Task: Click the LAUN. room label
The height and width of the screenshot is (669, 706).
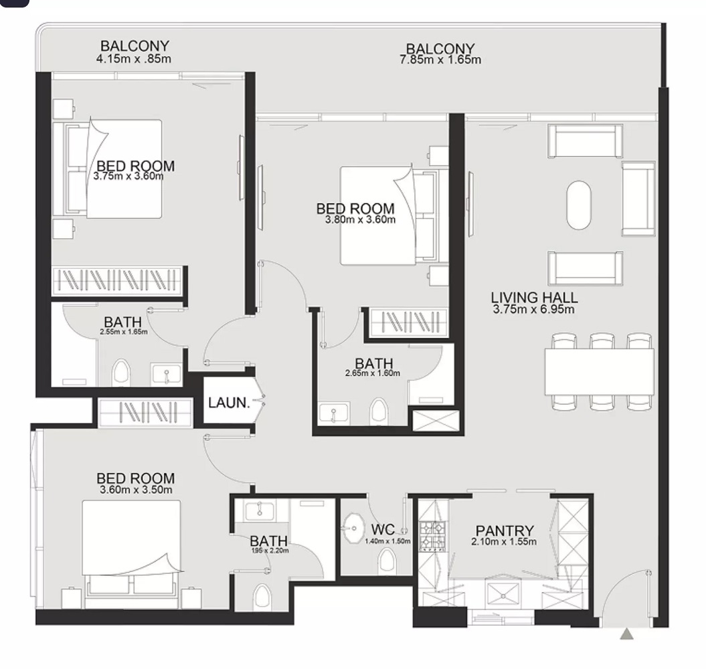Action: [229, 403]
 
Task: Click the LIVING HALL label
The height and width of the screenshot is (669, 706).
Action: [534, 298]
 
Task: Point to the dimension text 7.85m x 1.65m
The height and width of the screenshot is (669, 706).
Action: [440, 60]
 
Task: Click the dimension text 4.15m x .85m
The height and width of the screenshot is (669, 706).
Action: [134, 58]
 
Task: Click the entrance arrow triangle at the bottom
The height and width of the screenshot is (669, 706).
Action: [626, 634]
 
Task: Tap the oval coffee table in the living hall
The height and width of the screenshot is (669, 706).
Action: [579, 205]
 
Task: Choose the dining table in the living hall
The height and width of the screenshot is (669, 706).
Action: [599, 371]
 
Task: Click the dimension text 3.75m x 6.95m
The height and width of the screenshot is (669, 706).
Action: [534, 309]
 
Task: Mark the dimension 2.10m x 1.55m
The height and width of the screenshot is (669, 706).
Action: [503, 542]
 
